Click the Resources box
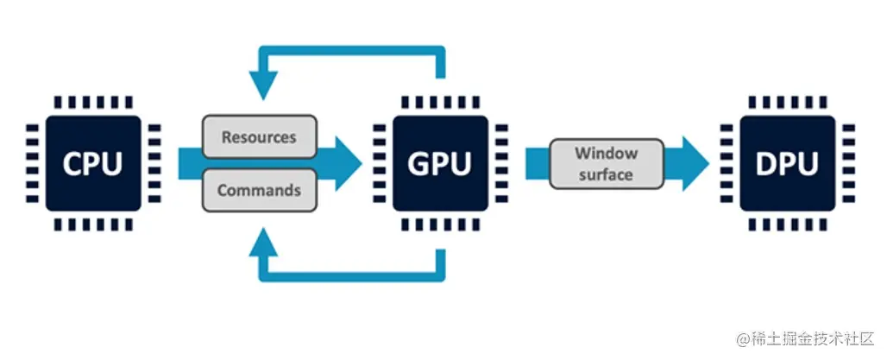pyautogui.click(x=259, y=137)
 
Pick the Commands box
pyautogui.click(x=259, y=190)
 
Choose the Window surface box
pyautogui.click(x=606, y=163)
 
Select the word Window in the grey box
pyautogui.click(x=606, y=154)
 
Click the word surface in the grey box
pyautogui.click(x=606, y=174)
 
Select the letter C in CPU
pyautogui.click(x=69, y=162)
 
